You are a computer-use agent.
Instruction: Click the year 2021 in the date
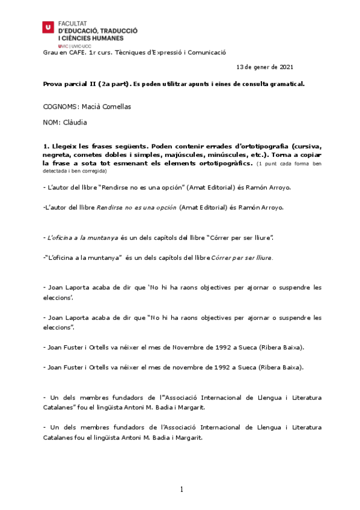tap(286, 66)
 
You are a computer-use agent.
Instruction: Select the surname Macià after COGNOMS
tap(90, 106)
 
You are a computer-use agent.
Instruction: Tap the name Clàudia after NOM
tap(78, 122)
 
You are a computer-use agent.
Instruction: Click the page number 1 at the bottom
tap(181, 490)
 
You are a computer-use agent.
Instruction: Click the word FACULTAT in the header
tap(73, 21)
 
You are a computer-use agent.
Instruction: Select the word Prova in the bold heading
tap(53, 84)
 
